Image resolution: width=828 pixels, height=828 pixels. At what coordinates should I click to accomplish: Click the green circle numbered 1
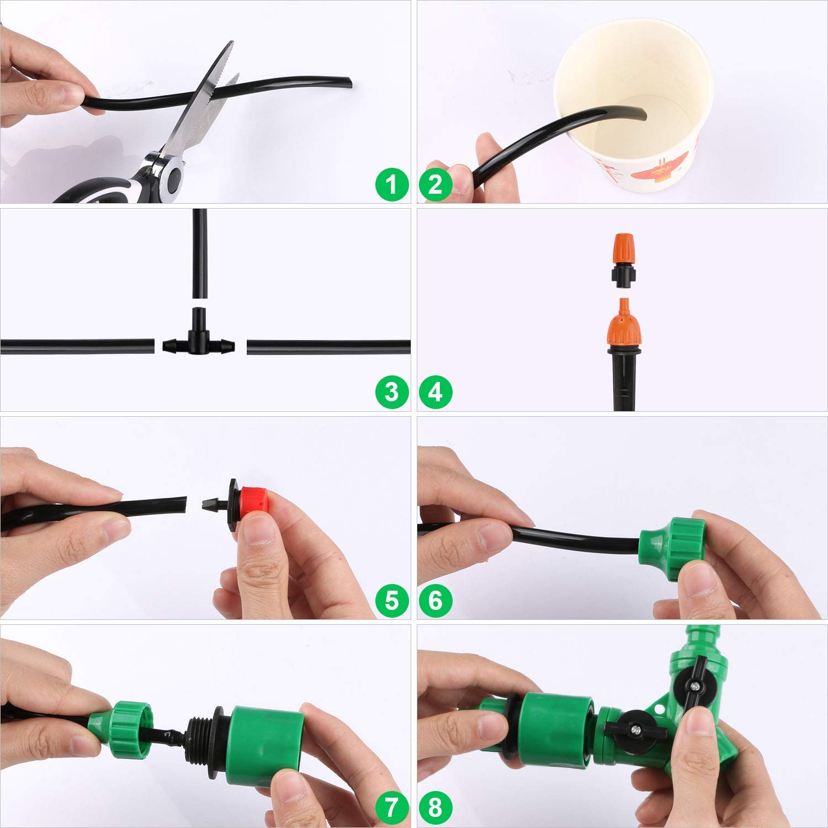(x=391, y=184)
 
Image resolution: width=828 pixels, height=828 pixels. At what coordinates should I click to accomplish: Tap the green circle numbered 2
(x=436, y=184)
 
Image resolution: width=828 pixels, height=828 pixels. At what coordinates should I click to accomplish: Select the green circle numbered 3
(x=391, y=392)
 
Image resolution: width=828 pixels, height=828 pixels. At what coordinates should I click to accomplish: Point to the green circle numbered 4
(x=436, y=392)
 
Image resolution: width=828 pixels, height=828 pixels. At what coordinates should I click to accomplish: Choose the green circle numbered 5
(x=391, y=601)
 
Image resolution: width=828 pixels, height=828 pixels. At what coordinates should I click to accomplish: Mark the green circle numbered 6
(x=436, y=601)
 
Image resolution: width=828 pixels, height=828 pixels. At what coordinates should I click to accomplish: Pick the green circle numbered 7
(x=391, y=809)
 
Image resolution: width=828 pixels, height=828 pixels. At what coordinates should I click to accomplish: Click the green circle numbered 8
(x=436, y=809)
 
